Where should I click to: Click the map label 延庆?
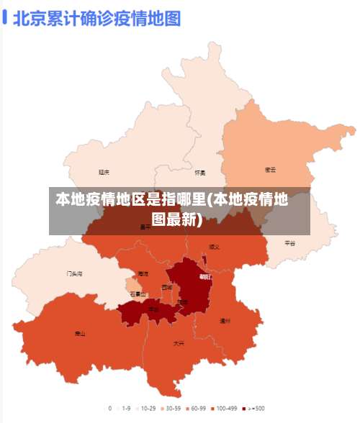(104, 172)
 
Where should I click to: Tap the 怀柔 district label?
(200, 173)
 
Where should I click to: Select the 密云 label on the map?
(271, 170)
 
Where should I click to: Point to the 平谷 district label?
(289, 243)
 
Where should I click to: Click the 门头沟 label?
(74, 273)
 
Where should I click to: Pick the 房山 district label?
(80, 333)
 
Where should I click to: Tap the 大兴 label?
(179, 343)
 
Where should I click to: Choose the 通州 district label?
(225, 321)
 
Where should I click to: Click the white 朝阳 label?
(204, 276)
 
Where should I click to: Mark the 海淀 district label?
(143, 273)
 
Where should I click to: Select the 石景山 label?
(138, 294)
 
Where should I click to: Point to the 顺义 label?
(215, 246)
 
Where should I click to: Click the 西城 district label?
(167, 287)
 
